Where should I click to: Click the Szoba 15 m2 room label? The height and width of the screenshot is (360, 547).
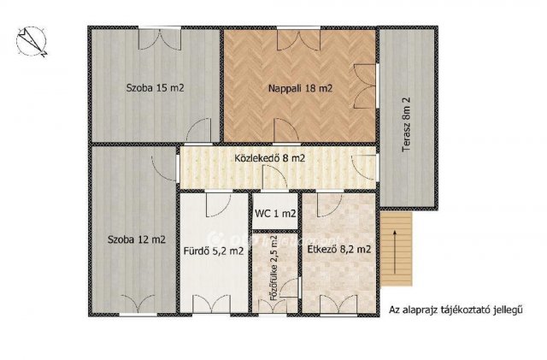(155, 87)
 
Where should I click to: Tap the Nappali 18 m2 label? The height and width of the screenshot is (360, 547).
(300, 88)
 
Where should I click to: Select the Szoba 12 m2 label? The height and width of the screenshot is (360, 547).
(137, 240)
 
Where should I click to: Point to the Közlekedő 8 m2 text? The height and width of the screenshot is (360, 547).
(270, 158)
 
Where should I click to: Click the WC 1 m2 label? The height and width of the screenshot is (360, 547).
(275, 213)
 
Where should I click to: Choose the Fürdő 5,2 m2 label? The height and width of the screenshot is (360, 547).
(214, 251)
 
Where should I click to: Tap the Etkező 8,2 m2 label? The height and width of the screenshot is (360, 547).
(338, 250)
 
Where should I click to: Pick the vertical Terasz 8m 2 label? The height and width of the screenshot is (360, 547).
(407, 124)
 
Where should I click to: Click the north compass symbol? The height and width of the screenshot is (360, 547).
(31, 42)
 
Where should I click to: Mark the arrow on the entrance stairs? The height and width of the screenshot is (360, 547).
(395, 251)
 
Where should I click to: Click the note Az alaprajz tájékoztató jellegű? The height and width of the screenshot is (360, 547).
(456, 310)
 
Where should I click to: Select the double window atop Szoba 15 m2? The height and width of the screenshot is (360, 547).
(160, 39)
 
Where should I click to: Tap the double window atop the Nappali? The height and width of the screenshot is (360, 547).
(298, 39)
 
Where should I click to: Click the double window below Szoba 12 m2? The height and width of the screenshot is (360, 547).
(138, 304)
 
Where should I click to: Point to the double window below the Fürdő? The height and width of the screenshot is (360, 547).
(211, 304)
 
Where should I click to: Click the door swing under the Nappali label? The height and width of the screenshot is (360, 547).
(286, 131)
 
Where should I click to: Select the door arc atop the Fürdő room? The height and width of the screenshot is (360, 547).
(218, 205)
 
